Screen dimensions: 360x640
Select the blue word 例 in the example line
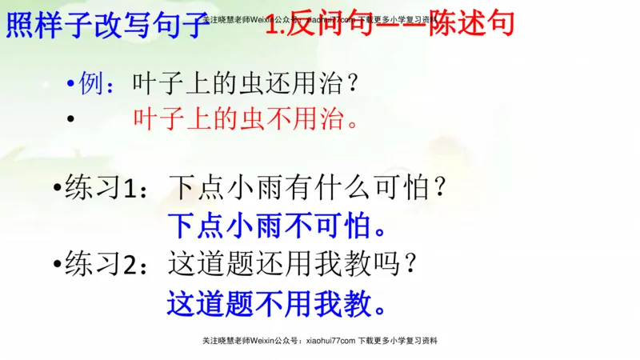[x=92, y=82]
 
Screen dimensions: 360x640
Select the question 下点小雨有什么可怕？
[x=307, y=190]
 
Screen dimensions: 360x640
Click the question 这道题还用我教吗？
[x=293, y=264]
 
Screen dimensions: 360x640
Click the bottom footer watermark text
[x=320, y=340]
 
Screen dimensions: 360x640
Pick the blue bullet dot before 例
[x=72, y=84]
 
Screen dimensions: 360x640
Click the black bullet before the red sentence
[x=72, y=121]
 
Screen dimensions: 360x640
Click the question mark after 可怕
[x=438, y=190]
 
